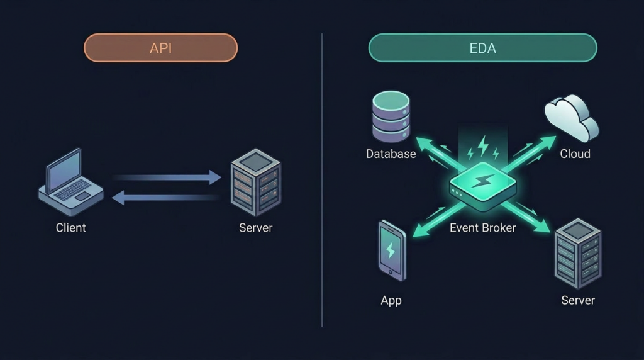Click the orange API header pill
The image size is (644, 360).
(x=160, y=48)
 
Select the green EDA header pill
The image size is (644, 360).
(x=482, y=48)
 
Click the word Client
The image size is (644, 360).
(x=71, y=228)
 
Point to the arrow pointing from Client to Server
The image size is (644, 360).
(x=167, y=178)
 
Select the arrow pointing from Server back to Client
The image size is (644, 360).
(x=166, y=198)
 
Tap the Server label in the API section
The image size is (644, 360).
(x=255, y=228)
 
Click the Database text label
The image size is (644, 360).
(x=391, y=154)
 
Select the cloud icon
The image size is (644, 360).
(x=571, y=118)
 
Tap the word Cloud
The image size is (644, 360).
(x=575, y=154)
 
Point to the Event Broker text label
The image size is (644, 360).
(x=482, y=228)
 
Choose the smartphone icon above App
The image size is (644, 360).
(x=391, y=250)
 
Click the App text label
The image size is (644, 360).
(x=391, y=300)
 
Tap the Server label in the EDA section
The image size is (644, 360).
(x=577, y=300)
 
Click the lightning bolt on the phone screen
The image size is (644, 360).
(x=391, y=250)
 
